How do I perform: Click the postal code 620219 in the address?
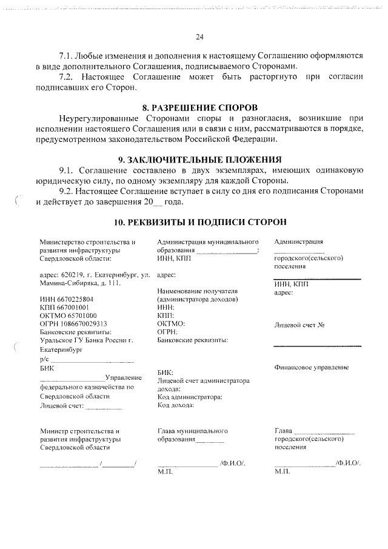[75, 275]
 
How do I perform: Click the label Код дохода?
[176, 404]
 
